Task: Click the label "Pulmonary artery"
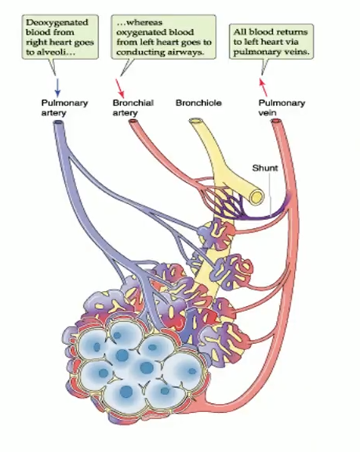coord(64,108)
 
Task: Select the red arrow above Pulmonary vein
coord(264,84)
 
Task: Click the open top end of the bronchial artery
coord(134,123)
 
